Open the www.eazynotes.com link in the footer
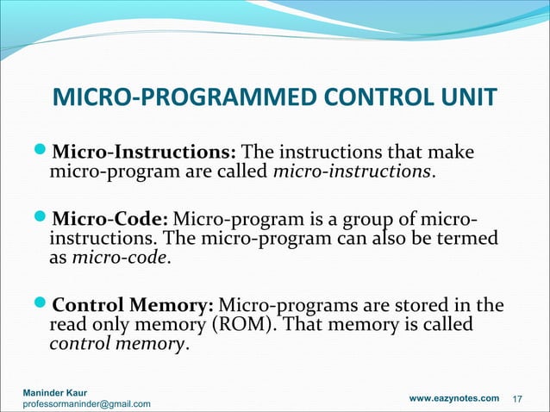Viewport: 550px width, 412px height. [453, 398]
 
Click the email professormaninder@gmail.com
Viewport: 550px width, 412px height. [86, 404]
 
